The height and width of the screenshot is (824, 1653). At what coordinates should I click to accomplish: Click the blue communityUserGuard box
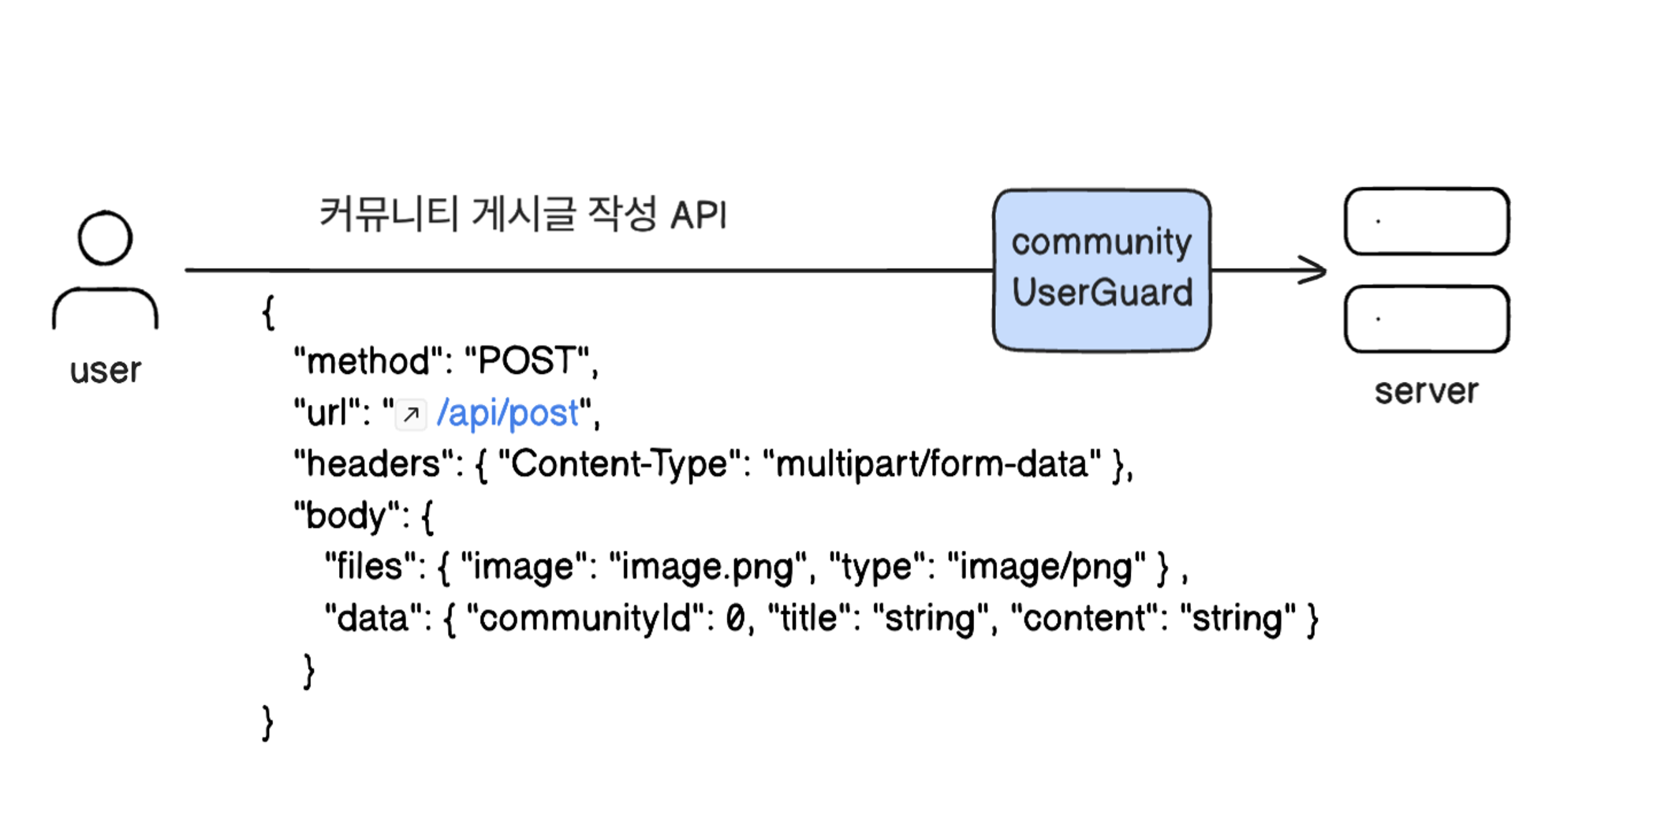point(1102,269)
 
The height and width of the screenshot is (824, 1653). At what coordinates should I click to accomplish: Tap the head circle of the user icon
point(105,238)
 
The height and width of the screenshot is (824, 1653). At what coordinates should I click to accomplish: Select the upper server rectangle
point(1427,221)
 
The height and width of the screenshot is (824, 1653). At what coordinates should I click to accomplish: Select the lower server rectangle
point(1427,319)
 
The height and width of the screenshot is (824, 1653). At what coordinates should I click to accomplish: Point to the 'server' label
point(1426,391)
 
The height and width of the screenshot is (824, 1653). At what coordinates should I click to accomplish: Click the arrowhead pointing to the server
point(1315,270)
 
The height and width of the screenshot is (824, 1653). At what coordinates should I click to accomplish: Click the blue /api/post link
point(508,413)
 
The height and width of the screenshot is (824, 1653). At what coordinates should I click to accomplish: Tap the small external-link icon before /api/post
point(411,414)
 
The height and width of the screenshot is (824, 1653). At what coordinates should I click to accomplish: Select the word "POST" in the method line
point(527,361)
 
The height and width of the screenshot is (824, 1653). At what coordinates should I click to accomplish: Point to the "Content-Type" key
point(619,464)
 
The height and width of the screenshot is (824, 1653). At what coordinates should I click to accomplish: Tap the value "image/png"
point(1046,567)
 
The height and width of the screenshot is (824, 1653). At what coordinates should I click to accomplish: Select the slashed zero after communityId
point(735,618)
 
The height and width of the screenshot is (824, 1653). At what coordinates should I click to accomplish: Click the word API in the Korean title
point(698,215)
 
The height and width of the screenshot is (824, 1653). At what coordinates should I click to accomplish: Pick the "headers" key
point(372,464)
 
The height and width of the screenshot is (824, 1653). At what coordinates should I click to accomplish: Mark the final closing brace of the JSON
point(267,722)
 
